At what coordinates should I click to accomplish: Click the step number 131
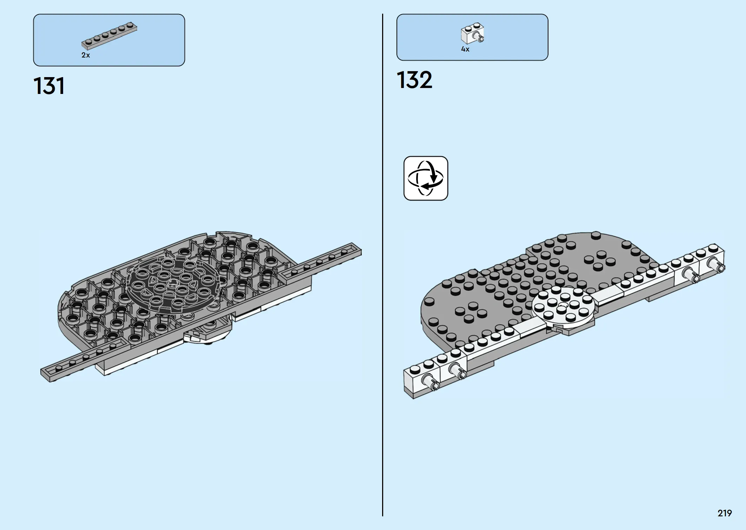click(x=49, y=86)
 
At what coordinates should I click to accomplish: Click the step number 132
click(x=414, y=80)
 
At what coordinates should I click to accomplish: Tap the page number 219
click(x=725, y=513)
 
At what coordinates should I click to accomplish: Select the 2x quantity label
click(x=86, y=55)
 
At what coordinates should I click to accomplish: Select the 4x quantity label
click(x=465, y=49)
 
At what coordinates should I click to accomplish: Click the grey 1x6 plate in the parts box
click(x=109, y=35)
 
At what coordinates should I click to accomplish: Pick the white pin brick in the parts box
click(x=473, y=34)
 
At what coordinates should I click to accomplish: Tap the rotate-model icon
click(x=426, y=178)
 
